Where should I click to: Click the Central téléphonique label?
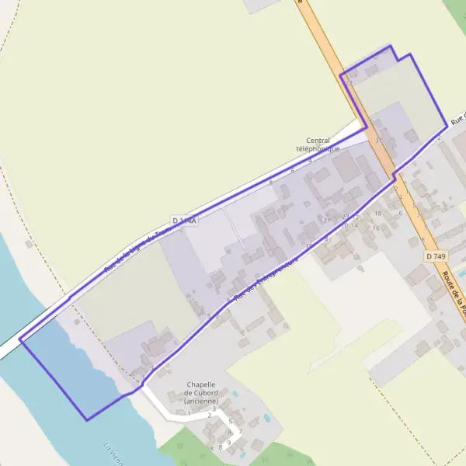point(318,144)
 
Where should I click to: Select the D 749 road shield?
point(435,256)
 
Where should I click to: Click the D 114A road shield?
point(184,221)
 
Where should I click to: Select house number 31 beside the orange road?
point(379,141)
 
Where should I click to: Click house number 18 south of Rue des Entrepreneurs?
point(377,214)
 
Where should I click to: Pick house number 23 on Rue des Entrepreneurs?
point(346,217)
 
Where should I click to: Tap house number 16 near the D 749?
point(376,228)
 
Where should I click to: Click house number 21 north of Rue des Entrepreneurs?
point(327,221)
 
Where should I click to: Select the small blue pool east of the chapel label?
point(267,418)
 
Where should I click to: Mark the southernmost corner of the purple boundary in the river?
point(87,420)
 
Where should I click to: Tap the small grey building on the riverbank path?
point(29,244)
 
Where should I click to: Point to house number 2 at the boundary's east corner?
point(439,137)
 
